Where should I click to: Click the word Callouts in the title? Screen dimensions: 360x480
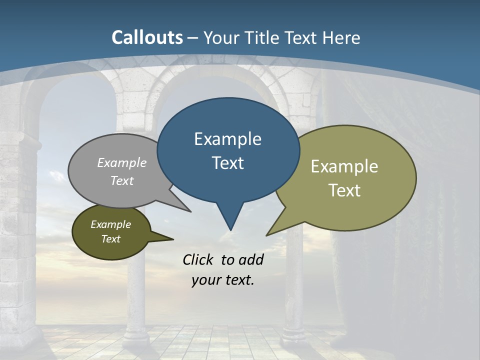coord(147,37)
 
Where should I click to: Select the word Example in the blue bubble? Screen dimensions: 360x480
coord(227,139)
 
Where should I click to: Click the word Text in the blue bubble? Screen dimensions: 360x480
coord(227,163)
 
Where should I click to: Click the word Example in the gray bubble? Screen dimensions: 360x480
coord(122,162)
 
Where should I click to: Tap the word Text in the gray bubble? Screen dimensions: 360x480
coord(122,180)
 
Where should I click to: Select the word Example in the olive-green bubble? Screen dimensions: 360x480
coord(344,166)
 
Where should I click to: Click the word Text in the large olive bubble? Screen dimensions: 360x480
coord(344,190)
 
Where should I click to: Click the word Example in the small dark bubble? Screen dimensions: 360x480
coord(110,224)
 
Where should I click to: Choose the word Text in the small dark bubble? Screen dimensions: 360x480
coord(110,239)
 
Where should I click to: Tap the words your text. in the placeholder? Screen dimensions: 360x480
coord(222,280)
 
